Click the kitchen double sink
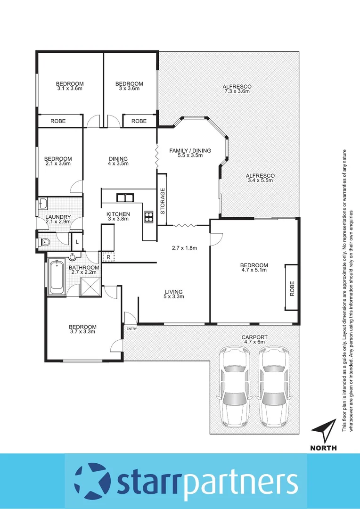coord(125,197)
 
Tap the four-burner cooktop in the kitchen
coord(149,217)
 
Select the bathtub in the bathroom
coord(57,275)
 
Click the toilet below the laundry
coord(46,242)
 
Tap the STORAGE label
coord(163,201)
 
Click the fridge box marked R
coord(108,257)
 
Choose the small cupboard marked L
coord(77,242)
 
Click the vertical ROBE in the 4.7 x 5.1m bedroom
coord(292,287)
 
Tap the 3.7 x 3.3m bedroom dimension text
coord(82,331)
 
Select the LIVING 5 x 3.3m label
coord(174,294)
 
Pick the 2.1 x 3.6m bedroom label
coord(58,161)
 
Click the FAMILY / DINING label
coord(190,153)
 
